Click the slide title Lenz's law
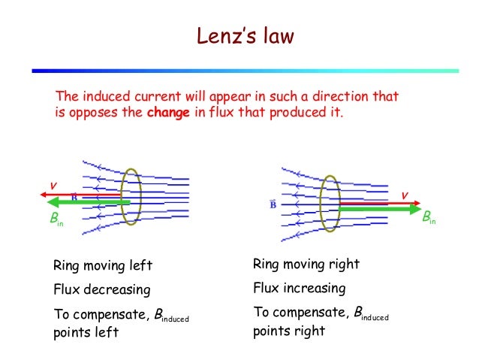pos(239,37)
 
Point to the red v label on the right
pos(403,195)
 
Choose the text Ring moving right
pos(306,265)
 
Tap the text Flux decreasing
pos(101,289)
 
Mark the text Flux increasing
pos(299,288)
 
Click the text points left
pos(86,333)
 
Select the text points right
pos(288,331)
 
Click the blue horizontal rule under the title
pos(245,71)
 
